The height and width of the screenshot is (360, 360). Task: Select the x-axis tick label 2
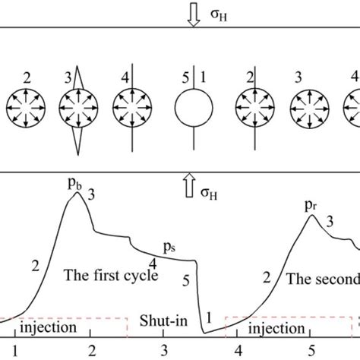click(x=93, y=351)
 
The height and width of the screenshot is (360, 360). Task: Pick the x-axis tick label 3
click(x=165, y=351)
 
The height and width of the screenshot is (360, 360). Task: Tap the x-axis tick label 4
click(x=237, y=351)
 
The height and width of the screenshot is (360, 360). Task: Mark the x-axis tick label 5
click(x=310, y=351)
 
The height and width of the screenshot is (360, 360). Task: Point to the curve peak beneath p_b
click(x=76, y=194)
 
